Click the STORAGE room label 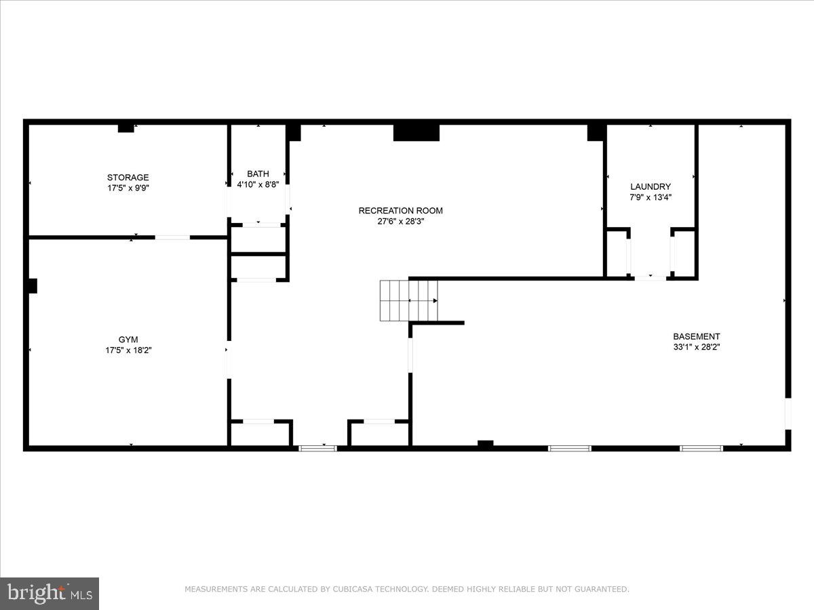pyautogui.click(x=128, y=178)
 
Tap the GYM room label pyautogui.click(x=128, y=340)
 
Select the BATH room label pyautogui.click(x=258, y=174)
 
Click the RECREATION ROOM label pyautogui.click(x=400, y=211)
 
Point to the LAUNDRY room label pyautogui.click(x=651, y=186)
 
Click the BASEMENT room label pyautogui.click(x=696, y=336)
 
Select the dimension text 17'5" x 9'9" pyautogui.click(x=128, y=188)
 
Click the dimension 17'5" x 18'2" pyautogui.click(x=128, y=350)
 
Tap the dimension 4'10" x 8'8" pyautogui.click(x=258, y=184)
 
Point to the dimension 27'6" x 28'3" pyautogui.click(x=400, y=221)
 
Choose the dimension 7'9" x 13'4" pyautogui.click(x=651, y=197)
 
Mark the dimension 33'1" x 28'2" pyautogui.click(x=696, y=347)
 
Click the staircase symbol pyautogui.click(x=408, y=300)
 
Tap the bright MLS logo pyautogui.click(x=50, y=594)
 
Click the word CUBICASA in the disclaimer pyautogui.click(x=357, y=590)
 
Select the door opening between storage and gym pyautogui.click(x=172, y=237)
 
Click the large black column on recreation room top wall pyautogui.click(x=416, y=132)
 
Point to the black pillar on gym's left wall pyautogui.click(x=32, y=286)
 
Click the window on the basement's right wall pyautogui.click(x=788, y=413)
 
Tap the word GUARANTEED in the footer pyautogui.click(x=599, y=590)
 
